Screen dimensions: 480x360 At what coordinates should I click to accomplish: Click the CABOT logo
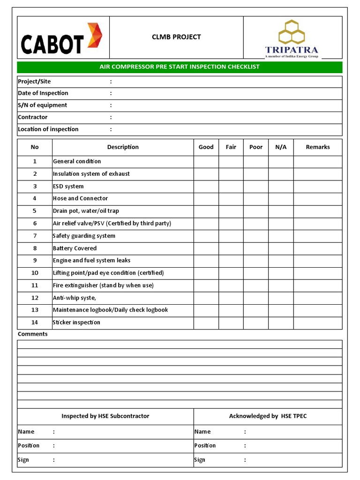(x=61, y=38)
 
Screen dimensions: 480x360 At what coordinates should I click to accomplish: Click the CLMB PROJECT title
(x=176, y=37)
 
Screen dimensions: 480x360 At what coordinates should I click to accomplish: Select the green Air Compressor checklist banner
(x=180, y=67)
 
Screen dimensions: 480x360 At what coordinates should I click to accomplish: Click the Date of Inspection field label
(x=43, y=93)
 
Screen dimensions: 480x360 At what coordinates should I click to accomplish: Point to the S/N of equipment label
(x=42, y=105)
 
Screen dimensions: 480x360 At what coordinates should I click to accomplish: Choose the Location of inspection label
(x=48, y=129)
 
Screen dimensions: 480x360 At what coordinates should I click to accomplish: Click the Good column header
(x=206, y=147)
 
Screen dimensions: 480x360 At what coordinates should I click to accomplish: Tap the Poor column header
(x=256, y=147)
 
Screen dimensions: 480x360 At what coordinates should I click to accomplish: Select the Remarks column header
(x=318, y=147)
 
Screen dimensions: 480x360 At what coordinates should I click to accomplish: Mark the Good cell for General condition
(x=206, y=162)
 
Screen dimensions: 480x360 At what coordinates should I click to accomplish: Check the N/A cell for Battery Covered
(x=281, y=248)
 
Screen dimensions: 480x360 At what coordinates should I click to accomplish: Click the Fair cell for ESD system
(x=231, y=187)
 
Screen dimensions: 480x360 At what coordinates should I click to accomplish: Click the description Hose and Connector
(x=80, y=199)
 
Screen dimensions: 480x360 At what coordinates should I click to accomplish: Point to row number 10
(x=35, y=273)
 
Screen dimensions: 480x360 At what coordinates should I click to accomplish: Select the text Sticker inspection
(x=76, y=322)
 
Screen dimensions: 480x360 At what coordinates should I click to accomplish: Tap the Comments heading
(x=32, y=334)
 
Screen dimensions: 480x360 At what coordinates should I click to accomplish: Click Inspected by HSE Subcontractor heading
(x=105, y=416)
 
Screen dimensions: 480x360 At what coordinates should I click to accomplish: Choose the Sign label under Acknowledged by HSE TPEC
(x=200, y=460)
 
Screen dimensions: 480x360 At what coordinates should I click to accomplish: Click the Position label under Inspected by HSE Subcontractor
(x=29, y=446)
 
